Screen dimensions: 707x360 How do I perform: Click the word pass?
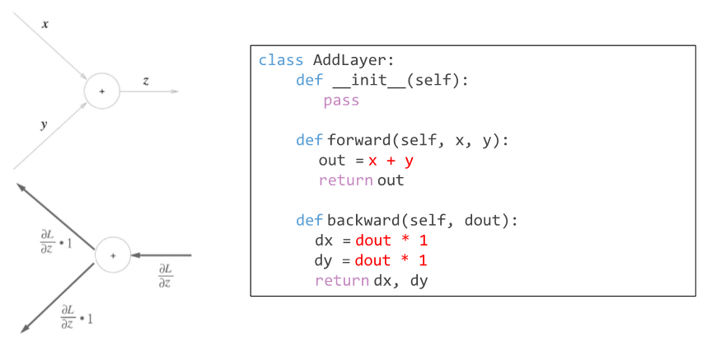(340, 101)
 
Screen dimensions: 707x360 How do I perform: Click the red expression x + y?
(391, 161)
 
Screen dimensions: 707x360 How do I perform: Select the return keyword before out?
(346, 180)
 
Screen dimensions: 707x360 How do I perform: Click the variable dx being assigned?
(323, 241)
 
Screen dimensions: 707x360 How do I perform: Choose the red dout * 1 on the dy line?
(391, 260)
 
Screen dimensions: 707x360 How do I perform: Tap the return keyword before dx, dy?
(341, 281)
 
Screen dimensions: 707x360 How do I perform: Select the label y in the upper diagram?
(44, 124)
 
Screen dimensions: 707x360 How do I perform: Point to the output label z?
(146, 81)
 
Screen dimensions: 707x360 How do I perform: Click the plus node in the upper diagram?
(102, 91)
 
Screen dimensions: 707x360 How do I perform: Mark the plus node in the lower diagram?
(113, 256)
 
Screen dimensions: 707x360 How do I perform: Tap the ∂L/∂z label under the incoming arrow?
(165, 276)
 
